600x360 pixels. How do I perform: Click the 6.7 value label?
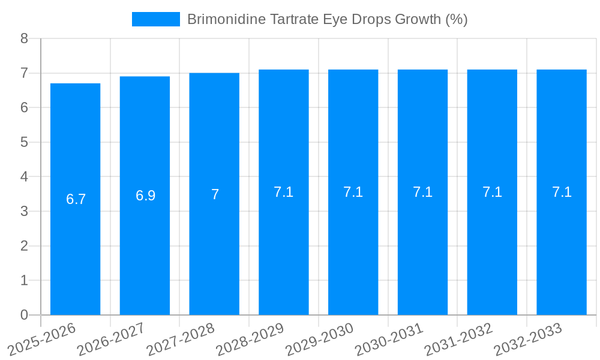76,199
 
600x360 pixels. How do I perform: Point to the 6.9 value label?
146,196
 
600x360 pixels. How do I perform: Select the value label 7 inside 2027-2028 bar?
215,194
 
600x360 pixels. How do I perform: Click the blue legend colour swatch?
156,19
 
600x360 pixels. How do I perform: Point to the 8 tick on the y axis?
25,38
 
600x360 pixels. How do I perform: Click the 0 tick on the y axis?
25,315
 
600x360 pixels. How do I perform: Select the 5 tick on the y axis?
25,142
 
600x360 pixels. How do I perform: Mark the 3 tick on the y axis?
25,211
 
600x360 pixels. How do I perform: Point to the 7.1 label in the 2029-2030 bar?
353,192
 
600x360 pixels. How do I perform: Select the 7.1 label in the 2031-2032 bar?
493,192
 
